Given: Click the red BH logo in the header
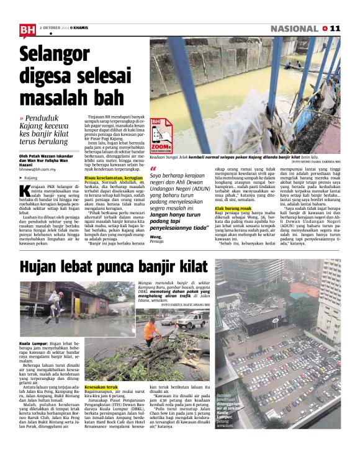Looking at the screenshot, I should (27, 30).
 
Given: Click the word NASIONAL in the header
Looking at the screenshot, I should (294, 29).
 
